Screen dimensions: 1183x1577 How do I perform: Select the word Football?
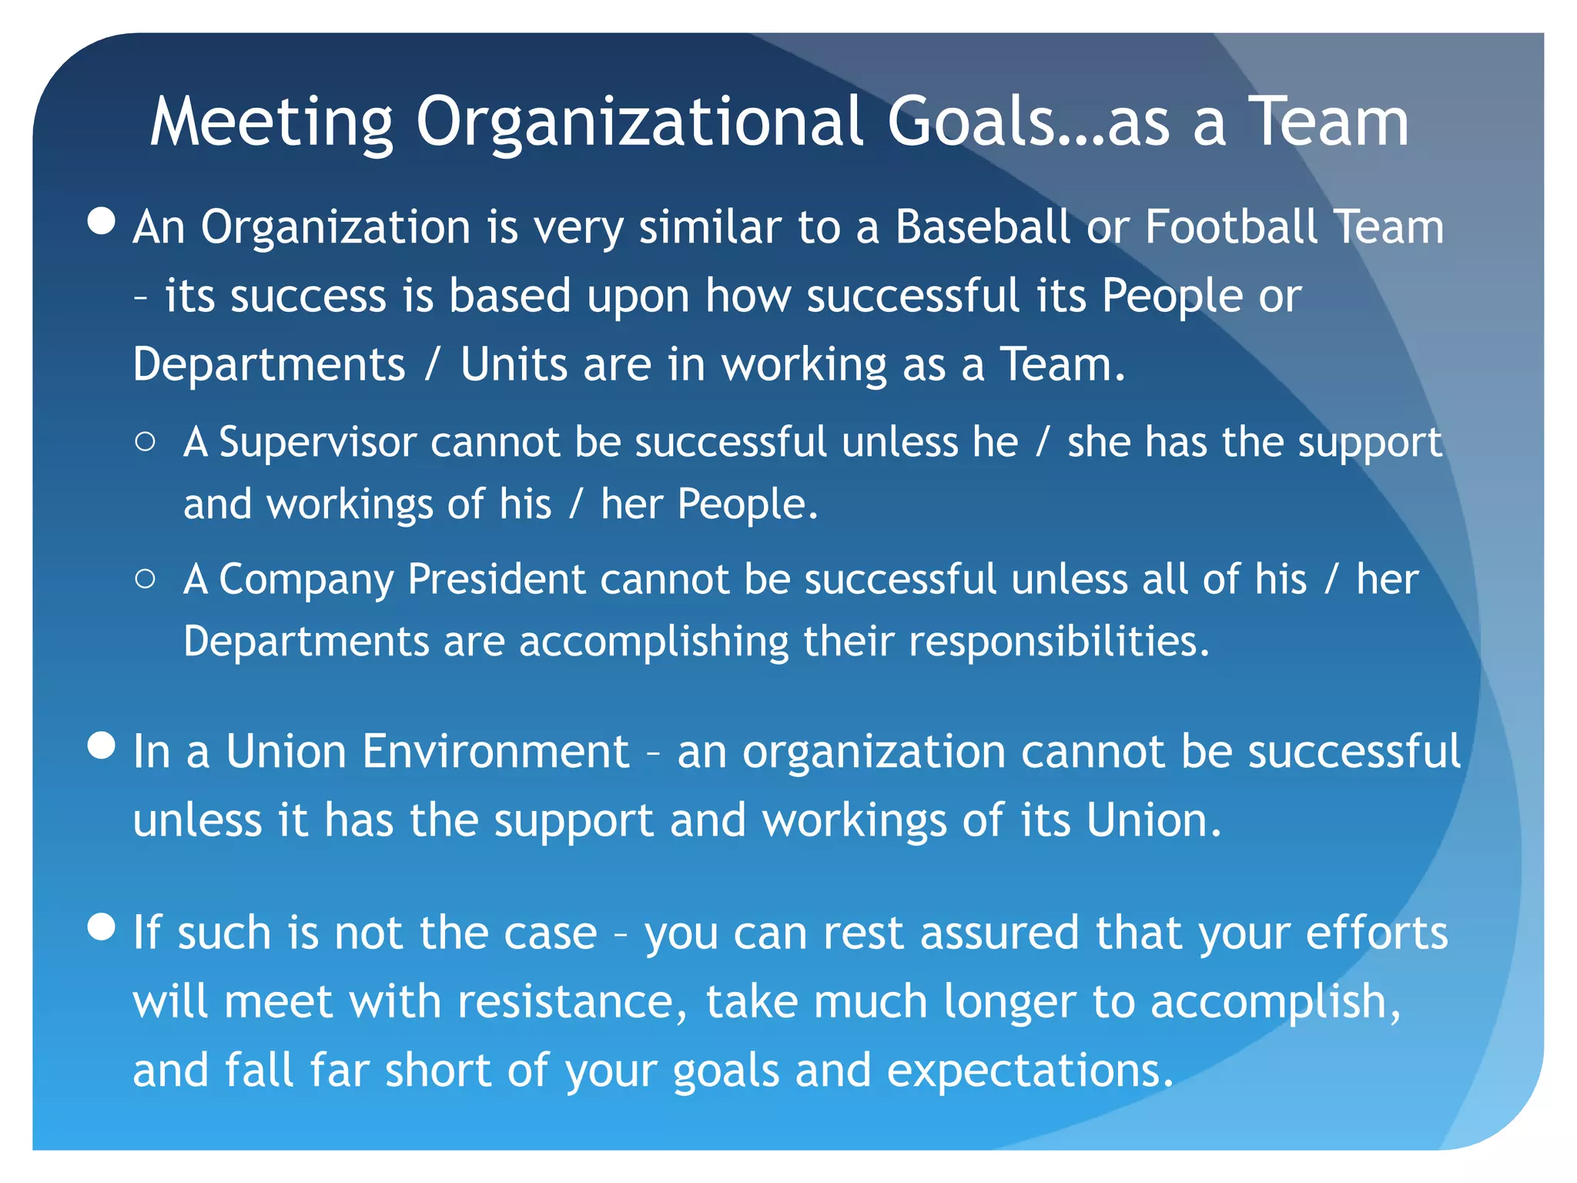[1231, 227]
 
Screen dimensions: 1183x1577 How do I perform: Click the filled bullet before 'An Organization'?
[102, 221]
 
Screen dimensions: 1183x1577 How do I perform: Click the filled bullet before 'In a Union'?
[102, 745]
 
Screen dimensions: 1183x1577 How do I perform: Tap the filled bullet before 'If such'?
[102, 927]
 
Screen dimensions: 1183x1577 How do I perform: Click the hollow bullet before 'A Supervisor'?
[145, 441]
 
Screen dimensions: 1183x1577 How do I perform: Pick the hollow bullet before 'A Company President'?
[145, 578]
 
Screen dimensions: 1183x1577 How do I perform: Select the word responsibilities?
[1058, 642]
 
